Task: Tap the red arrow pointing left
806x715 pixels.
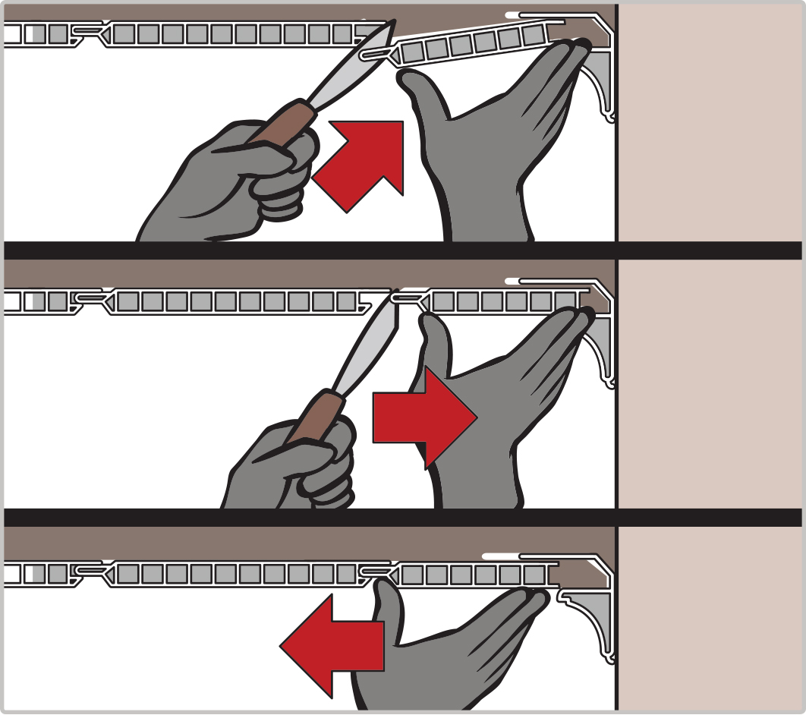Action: coord(335,646)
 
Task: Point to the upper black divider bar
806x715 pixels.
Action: coord(402,250)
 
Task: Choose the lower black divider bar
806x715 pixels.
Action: coord(402,517)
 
